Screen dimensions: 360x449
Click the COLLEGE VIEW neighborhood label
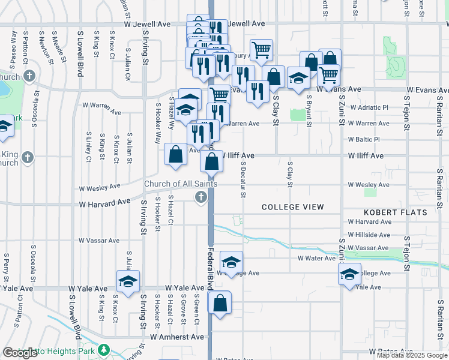pos(293,207)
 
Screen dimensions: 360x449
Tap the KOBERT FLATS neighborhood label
pos(396,212)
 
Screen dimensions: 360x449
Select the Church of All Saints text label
pos(180,184)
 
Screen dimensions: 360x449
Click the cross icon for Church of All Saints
pos(201,197)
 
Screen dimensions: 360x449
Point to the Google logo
pos(20,353)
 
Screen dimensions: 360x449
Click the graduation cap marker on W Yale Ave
pos(128,282)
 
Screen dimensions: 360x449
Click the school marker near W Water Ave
pos(231,262)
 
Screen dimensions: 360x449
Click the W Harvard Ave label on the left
pos(104,203)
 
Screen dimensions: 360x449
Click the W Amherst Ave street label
pos(177,337)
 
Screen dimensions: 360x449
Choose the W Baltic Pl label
pos(369,139)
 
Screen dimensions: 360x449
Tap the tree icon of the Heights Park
pos(104,349)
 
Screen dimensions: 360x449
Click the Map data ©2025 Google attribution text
pos(412,355)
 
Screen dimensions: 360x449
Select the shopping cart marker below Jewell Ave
pos(261,50)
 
